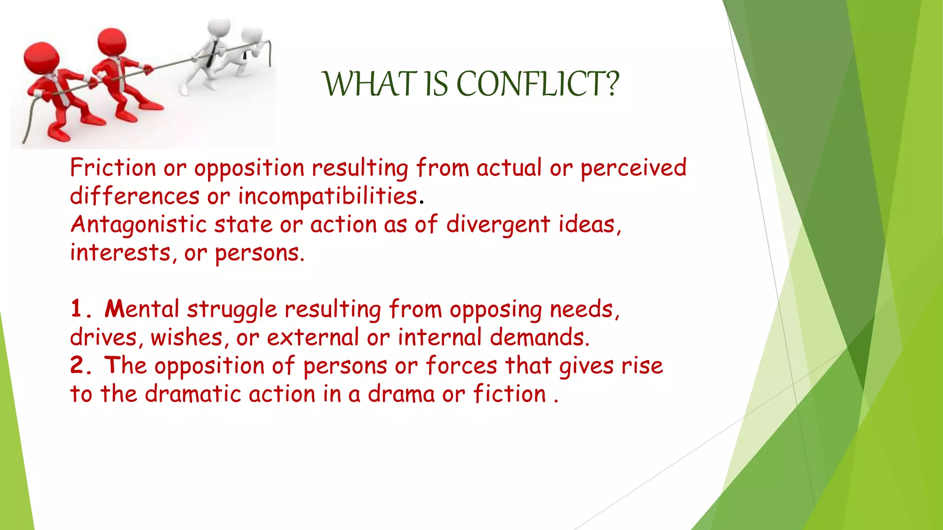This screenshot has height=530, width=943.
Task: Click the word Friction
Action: pos(113,167)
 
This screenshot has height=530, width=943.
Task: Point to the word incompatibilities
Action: pos(327,196)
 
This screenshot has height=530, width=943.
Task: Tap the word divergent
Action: pos(498,225)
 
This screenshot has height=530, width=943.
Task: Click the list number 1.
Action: pos(77,309)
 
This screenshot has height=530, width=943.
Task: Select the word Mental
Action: pos(141,309)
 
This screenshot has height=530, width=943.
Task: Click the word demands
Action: pos(539,337)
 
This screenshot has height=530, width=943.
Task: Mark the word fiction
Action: pos(509,394)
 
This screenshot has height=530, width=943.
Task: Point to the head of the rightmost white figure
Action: pos(251,35)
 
